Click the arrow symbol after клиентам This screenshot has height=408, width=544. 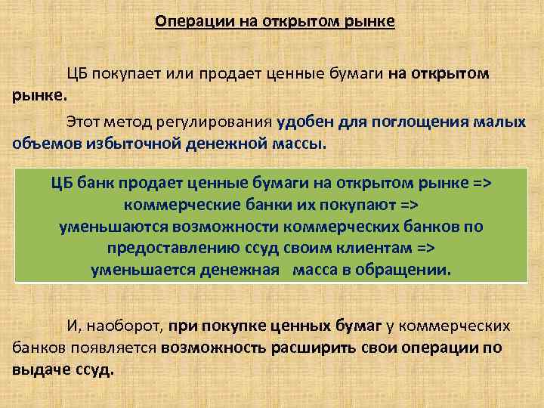pos(426,249)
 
